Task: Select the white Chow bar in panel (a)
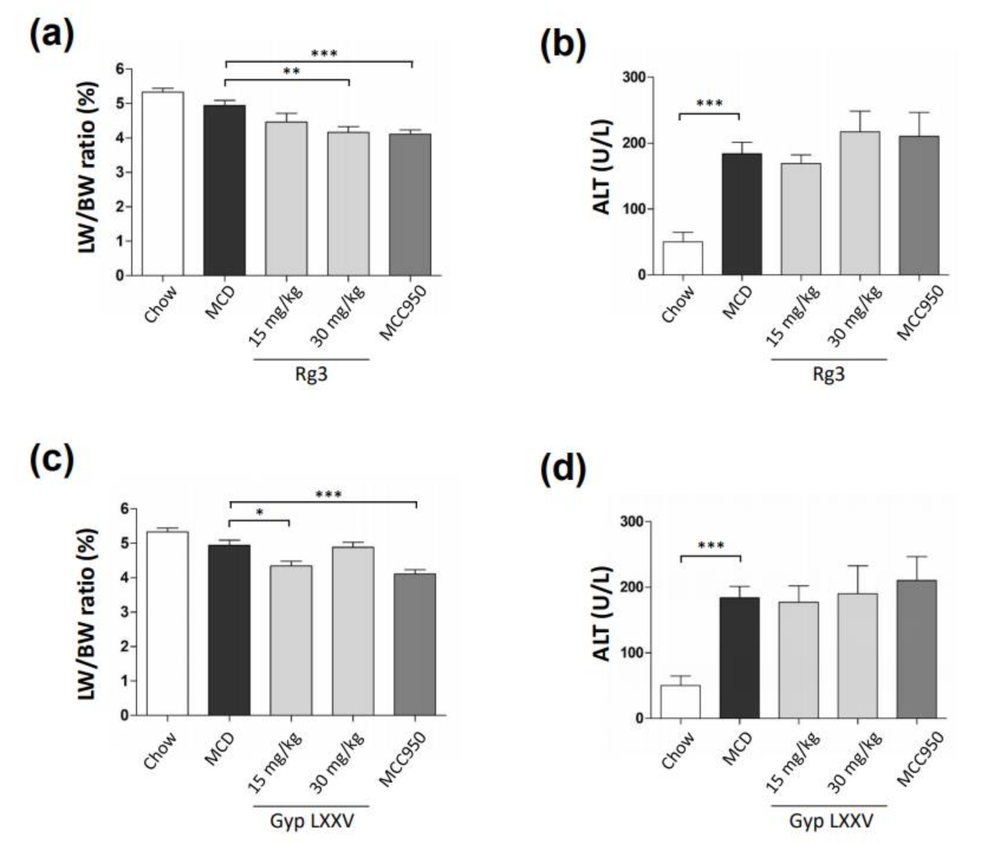pos(163,184)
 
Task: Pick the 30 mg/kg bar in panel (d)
pos(857,656)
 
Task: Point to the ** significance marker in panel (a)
pos(291,72)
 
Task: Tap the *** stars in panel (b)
pos(709,104)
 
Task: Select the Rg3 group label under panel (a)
pos(311,374)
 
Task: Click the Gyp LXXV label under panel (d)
pos(830,821)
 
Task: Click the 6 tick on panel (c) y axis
pos(125,509)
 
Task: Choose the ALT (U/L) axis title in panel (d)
pos(602,614)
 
